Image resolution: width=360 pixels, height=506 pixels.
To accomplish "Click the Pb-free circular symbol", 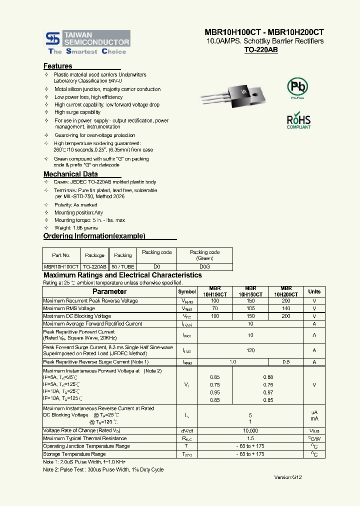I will pyautogui.click(x=297, y=87).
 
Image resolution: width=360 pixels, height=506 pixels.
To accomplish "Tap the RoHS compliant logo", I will pyautogui.click(x=298, y=121).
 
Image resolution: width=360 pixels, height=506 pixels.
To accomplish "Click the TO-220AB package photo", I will pyautogui.click(x=231, y=94).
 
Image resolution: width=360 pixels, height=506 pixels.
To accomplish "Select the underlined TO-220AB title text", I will pyautogui.click(x=260, y=50).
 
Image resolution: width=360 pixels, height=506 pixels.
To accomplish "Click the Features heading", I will pyautogui.click(x=58, y=66).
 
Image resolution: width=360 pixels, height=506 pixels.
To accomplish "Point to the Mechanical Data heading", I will pyautogui.click(x=70, y=174).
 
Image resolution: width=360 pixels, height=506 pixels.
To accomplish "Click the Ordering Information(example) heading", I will pyautogui.click(x=94, y=236).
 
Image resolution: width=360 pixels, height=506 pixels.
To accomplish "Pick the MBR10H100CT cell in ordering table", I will pyautogui.click(x=61, y=267).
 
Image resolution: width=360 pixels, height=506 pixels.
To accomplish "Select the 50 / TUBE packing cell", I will pyautogui.click(x=122, y=267).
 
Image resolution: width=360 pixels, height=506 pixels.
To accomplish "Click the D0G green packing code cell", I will pyautogui.click(x=204, y=267).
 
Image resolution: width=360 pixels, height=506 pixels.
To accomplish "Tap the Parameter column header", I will pyautogui.click(x=109, y=291).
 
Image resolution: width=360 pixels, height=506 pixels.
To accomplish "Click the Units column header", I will pyautogui.click(x=314, y=291).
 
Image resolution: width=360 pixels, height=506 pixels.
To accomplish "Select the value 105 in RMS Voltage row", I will pyautogui.click(x=250, y=308).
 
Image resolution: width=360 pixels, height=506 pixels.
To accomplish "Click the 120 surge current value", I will pyautogui.click(x=250, y=350).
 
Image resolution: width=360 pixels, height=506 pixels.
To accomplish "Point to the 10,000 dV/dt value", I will pyautogui.click(x=250, y=430).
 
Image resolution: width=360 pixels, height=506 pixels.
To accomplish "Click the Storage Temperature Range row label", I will pyautogui.click(x=74, y=454).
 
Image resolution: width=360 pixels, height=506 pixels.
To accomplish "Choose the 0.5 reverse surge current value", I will pyautogui.click(x=286, y=361).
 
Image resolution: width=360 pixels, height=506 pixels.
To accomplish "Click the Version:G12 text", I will pyautogui.click(x=288, y=477).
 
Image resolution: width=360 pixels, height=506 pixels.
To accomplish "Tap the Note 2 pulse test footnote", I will pyautogui.click(x=103, y=469).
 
